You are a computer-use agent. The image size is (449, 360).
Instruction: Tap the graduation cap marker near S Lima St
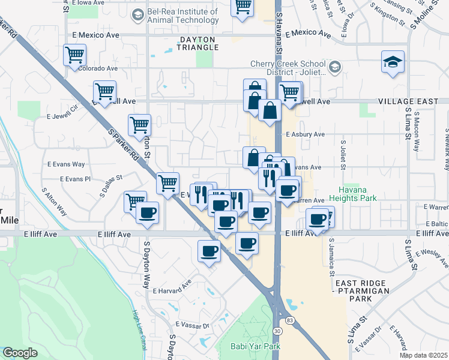coord(393,62)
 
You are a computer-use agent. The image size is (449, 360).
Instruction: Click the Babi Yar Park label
coord(256,346)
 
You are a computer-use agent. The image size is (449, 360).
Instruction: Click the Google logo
coord(20,353)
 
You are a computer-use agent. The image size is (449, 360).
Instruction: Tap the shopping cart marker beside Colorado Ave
coord(75,55)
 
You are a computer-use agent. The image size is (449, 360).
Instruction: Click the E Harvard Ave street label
coord(172,291)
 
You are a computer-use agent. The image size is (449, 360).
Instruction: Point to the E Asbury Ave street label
coord(306,134)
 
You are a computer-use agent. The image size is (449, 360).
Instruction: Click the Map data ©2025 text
coord(423,355)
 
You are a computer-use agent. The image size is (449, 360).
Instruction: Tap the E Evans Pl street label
coord(75,179)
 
